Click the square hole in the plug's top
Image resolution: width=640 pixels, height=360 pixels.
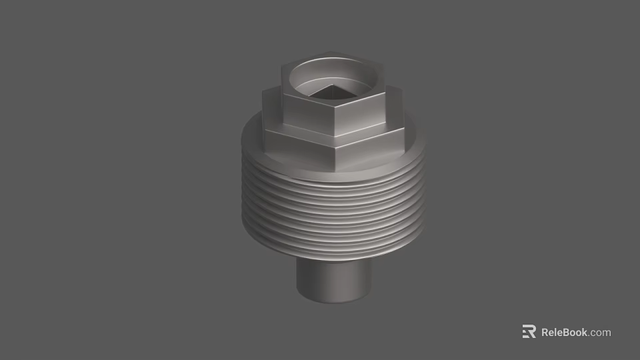[x=331, y=92]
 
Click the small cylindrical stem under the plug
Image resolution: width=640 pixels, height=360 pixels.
[x=331, y=280]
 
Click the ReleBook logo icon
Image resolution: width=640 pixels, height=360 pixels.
[x=529, y=332]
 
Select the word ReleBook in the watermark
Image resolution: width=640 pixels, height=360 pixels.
[x=564, y=332]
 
